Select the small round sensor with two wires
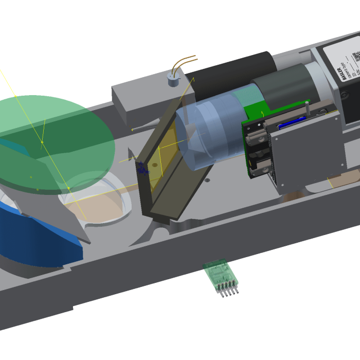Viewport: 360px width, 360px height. (x=172, y=80)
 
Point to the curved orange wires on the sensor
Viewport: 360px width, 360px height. (x=184, y=61)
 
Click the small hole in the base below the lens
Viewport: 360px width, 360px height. (x=207, y=181)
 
